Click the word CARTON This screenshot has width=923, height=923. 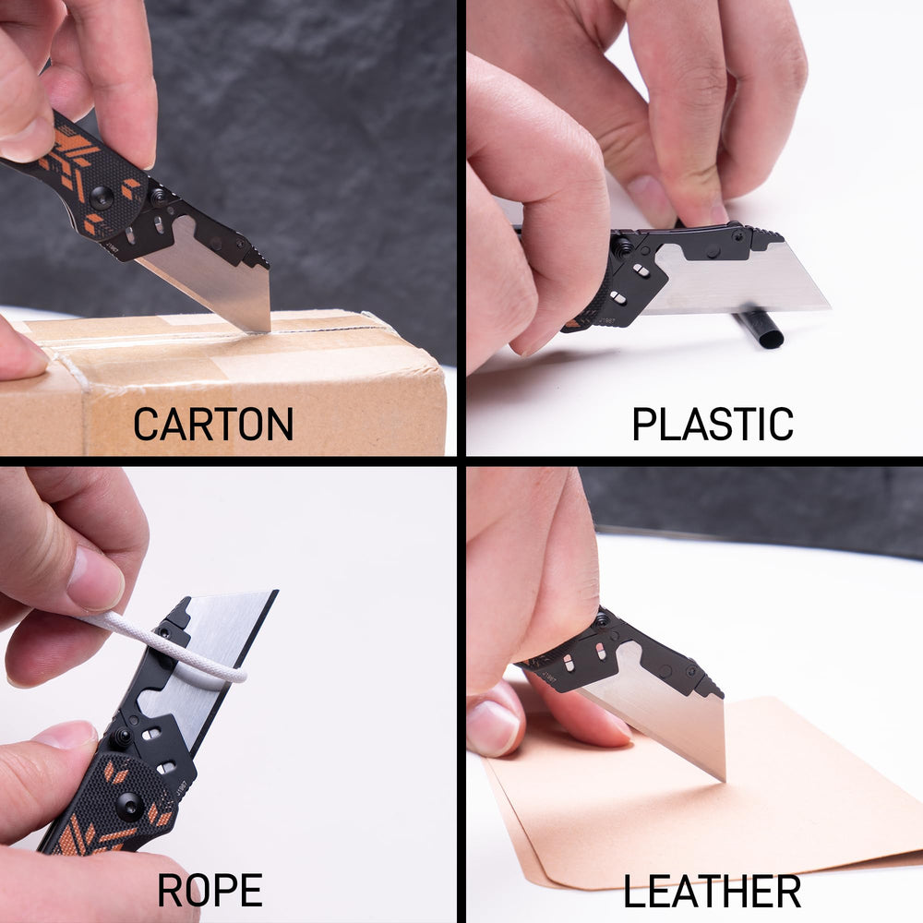point(213,424)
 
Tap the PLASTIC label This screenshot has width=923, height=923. point(712,424)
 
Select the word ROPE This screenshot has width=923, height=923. point(210,891)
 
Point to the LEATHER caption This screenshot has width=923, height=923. point(712,892)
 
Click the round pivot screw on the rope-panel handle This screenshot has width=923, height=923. point(129,806)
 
